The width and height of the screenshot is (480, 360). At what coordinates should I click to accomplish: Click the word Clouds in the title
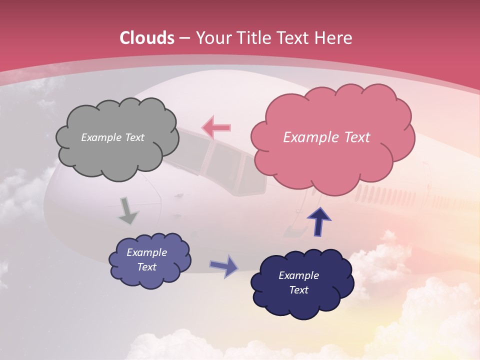click(x=147, y=38)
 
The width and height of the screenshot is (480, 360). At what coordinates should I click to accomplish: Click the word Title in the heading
click(x=254, y=38)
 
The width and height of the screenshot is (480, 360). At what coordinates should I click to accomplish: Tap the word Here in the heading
click(x=334, y=38)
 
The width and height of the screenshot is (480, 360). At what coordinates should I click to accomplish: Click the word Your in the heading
click(x=214, y=38)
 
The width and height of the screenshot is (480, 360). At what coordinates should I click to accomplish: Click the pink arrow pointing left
click(x=216, y=127)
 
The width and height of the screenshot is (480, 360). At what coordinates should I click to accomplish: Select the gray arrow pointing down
click(x=128, y=210)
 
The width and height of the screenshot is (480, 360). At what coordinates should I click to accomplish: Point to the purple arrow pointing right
click(x=224, y=266)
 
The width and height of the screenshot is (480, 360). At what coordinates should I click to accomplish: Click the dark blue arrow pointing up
click(x=319, y=220)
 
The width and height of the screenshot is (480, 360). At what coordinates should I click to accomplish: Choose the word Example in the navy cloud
click(x=298, y=275)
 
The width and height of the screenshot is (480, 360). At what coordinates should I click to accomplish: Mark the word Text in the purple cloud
click(x=147, y=267)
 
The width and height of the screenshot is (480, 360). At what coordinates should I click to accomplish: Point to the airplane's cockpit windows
click(x=220, y=160)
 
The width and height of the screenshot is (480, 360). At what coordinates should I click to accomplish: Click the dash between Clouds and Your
click(x=184, y=38)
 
